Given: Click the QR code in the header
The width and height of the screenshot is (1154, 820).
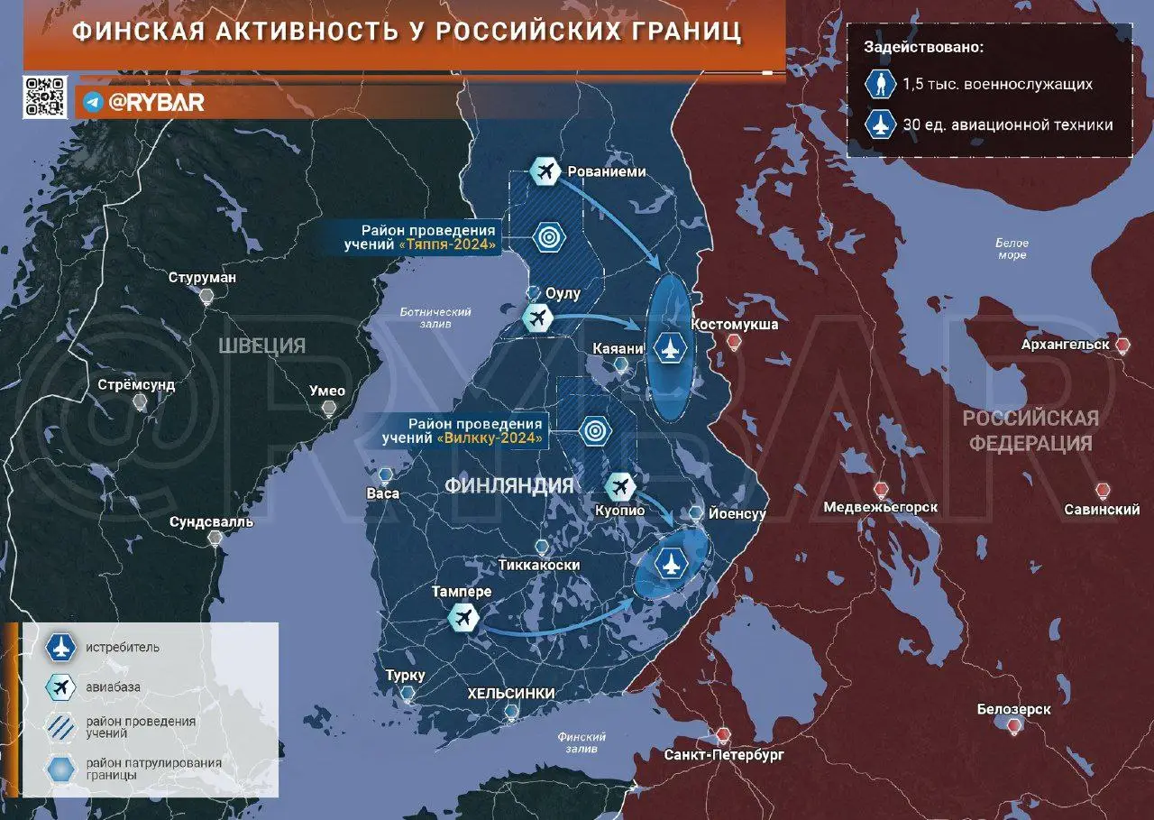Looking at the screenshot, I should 44,97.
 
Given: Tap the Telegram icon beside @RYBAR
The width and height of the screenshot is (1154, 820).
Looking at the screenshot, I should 92,103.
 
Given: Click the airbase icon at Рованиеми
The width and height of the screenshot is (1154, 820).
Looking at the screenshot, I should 545,170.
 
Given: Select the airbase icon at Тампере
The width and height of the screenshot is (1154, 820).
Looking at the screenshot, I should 463,619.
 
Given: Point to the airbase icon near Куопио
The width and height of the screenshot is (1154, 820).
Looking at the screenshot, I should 619,486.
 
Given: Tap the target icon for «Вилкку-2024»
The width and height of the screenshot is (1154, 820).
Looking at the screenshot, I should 593,430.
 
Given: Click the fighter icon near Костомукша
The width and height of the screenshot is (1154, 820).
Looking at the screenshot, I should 669,348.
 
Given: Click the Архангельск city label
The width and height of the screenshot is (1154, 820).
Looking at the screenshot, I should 1065,345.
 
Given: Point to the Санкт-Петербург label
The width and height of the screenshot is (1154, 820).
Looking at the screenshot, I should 711,753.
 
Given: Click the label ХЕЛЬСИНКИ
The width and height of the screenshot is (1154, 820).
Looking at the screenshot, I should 510,693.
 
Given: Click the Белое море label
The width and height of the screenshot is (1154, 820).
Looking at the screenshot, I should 1011,249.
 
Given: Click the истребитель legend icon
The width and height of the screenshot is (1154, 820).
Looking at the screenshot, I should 60,648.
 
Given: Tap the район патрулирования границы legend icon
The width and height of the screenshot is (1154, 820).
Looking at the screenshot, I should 60,769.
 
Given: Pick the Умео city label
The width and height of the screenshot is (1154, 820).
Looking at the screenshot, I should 327,391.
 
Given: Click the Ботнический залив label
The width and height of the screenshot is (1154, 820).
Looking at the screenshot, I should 436,317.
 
